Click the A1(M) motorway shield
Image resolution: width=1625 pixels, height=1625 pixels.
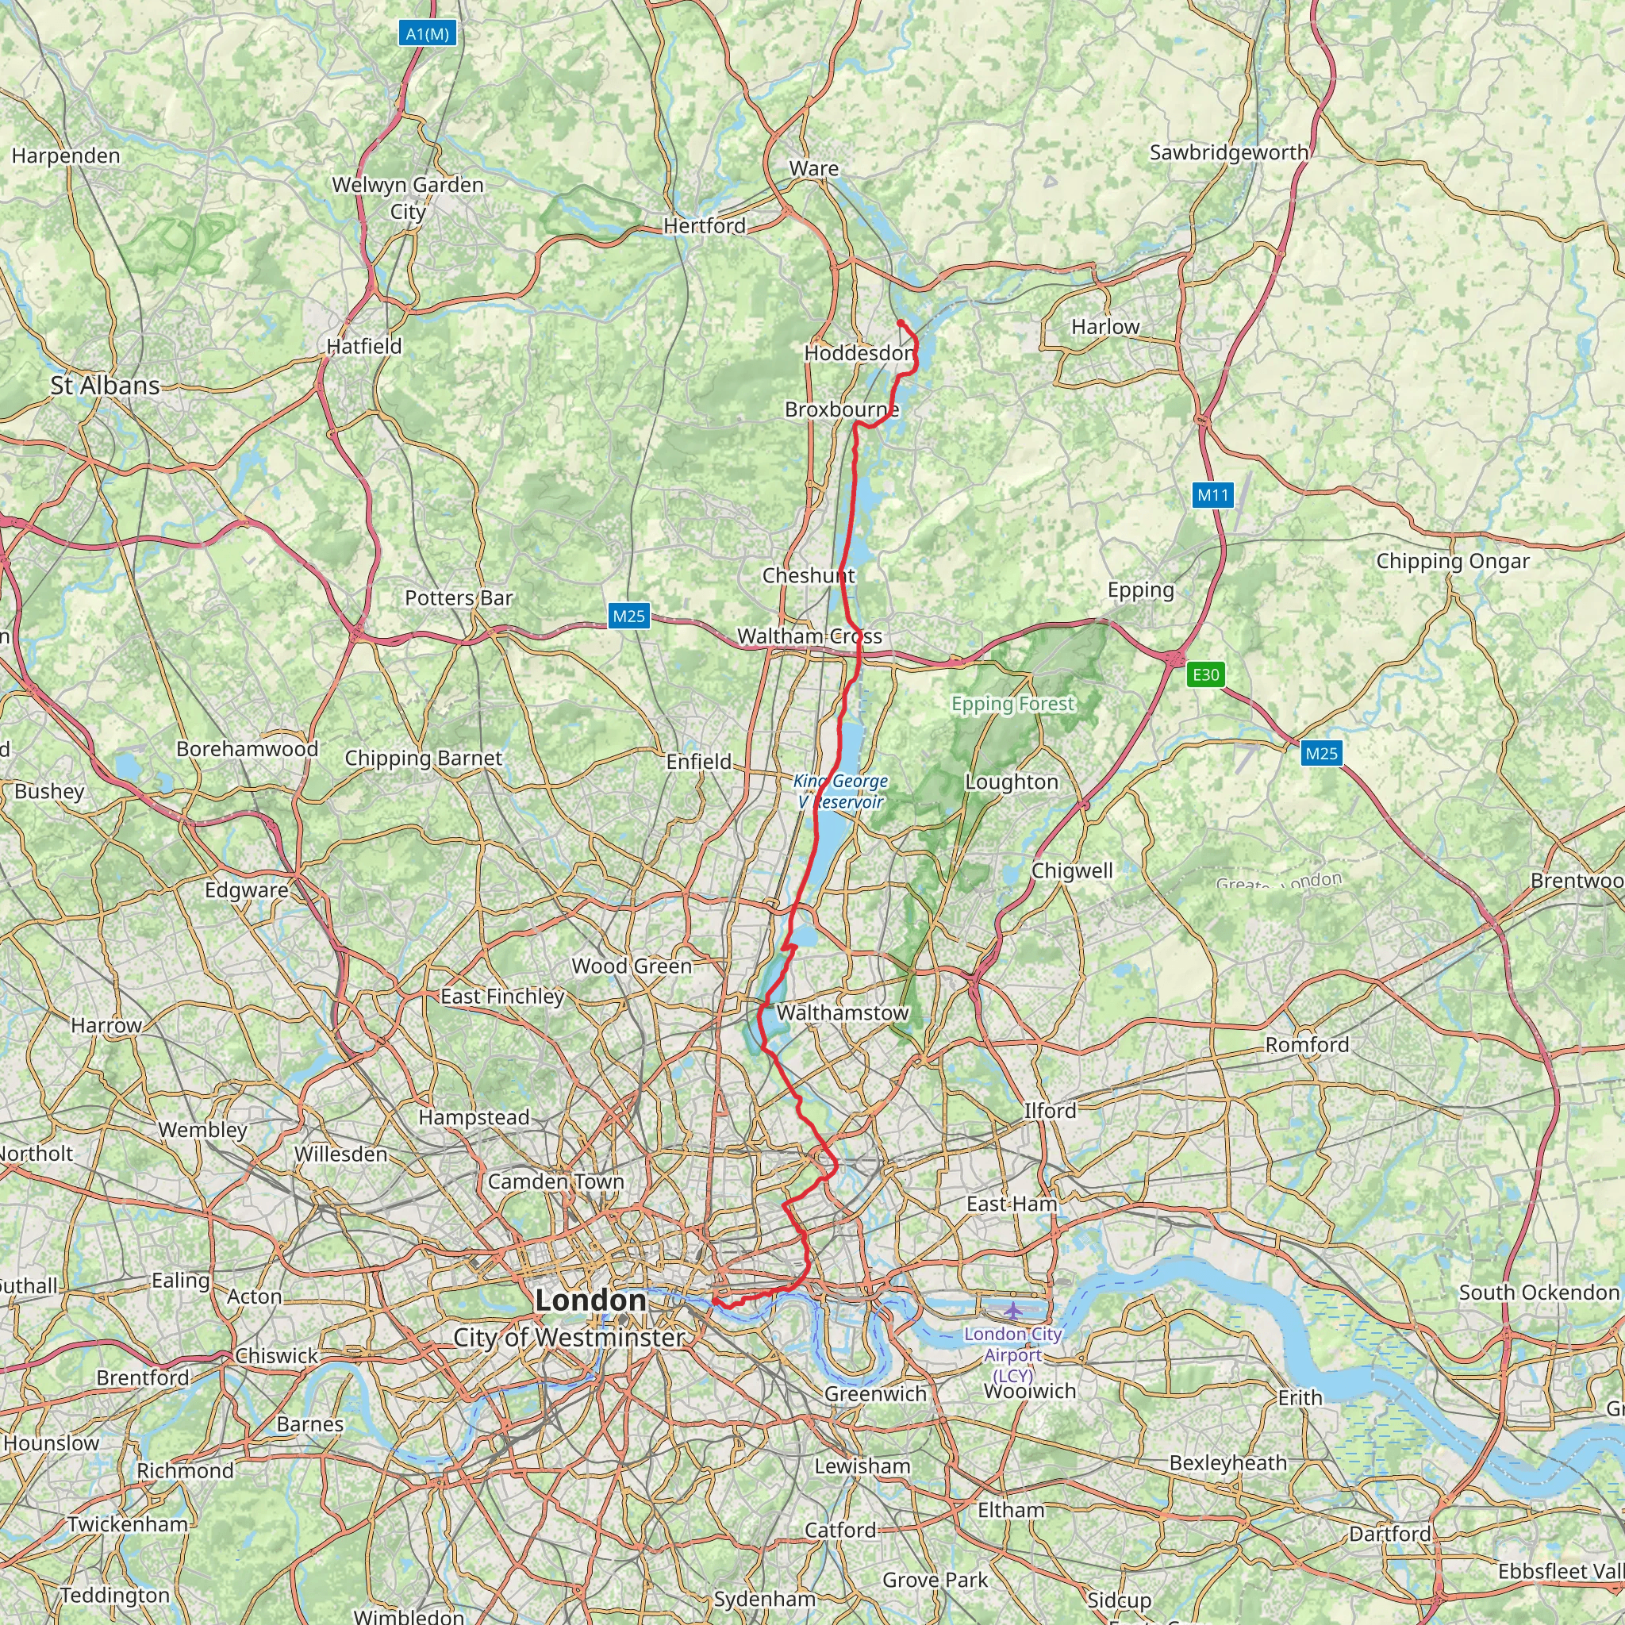pyautogui.click(x=428, y=33)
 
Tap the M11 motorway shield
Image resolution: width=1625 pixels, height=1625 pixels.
pyautogui.click(x=1213, y=494)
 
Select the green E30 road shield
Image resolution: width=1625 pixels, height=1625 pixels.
pyautogui.click(x=1205, y=674)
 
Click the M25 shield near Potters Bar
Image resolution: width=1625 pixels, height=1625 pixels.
pyautogui.click(x=628, y=616)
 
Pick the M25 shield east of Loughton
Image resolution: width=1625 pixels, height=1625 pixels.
pyautogui.click(x=1320, y=753)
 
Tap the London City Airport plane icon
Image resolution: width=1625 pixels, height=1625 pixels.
pyautogui.click(x=1013, y=1311)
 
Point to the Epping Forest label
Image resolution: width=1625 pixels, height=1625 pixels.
pyautogui.click(x=1012, y=703)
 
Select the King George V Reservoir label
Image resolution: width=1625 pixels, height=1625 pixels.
pyautogui.click(x=840, y=790)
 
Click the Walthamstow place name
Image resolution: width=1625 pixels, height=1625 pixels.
pyautogui.click(x=842, y=1012)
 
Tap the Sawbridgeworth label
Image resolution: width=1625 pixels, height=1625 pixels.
pyautogui.click(x=1228, y=152)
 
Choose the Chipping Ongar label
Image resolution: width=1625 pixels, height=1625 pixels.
pyautogui.click(x=1453, y=560)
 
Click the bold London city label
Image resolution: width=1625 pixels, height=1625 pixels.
pyautogui.click(x=590, y=1300)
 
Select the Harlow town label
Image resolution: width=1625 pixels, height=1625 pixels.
pyautogui.click(x=1105, y=326)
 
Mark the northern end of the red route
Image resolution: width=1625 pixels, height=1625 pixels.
pyautogui.click(x=899, y=323)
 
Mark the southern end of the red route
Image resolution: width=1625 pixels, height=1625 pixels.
pyautogui.click(x=714, y=1301)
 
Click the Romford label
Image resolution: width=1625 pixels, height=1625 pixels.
pyautogui.click(x=1307, y=1044)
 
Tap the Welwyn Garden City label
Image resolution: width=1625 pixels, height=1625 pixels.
pyautogui.click(x=408, y=197)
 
